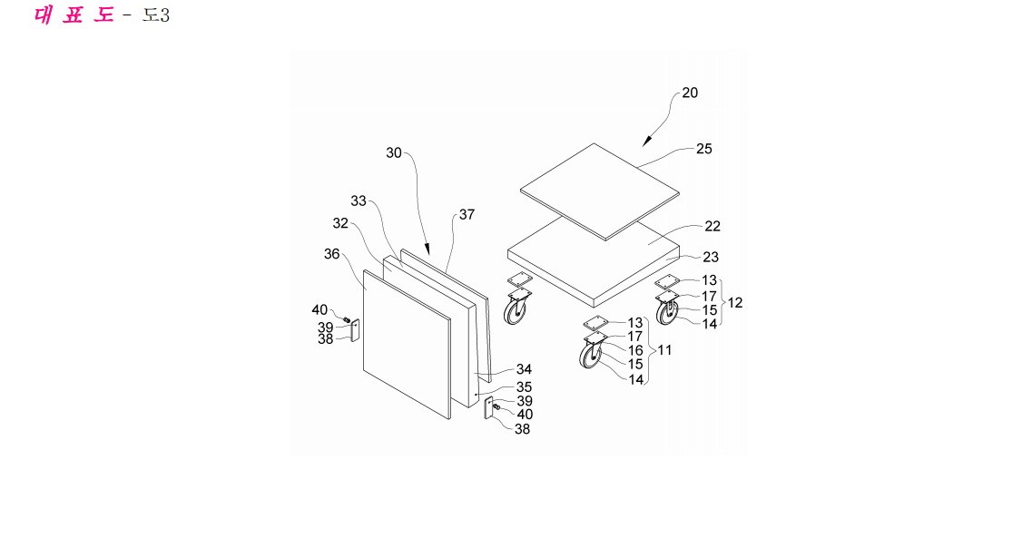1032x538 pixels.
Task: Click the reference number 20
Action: click(x=690, y=93)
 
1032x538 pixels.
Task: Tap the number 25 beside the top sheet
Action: click(x=704, y=149)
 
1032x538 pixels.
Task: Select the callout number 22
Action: click(x=713, y=226)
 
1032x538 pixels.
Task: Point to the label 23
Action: click(x=711, y=257)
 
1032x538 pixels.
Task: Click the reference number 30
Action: click(x=394, y=152)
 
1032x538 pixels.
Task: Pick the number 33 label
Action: click(x=358, y=201)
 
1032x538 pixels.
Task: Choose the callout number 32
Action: click(x=340, y=223)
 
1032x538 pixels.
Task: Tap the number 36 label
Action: click(x=331, y=254)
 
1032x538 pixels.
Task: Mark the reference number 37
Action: click(x=467, y=214)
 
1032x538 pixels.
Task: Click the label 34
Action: click(x=524, y=369)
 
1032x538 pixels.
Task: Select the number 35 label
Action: click(x=524, y=386)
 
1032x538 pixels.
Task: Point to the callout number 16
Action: click(x=635, y=350)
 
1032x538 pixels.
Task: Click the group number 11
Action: click(x=664, y=350)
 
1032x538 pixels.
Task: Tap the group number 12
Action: click(x=735, y=302)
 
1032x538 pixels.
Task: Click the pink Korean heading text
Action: click(x=74, y=15)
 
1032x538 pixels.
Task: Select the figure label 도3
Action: click(x=156, y=15)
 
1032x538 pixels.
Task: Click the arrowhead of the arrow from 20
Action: click(x=647, y=142)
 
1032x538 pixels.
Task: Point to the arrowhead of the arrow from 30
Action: click(x=428, y=249)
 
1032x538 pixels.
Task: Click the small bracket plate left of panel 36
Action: click(x=356, y=330)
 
